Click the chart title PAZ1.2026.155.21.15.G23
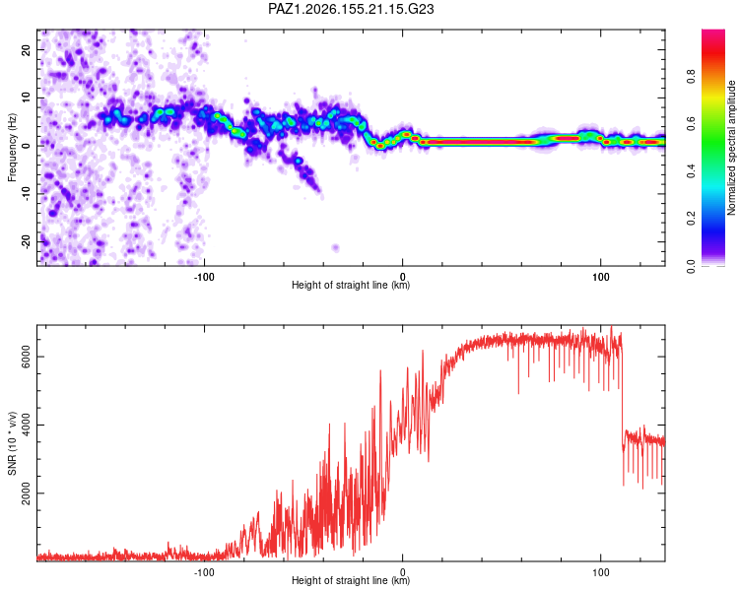[x=351, y=9]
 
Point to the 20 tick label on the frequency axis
[x=26, y=49]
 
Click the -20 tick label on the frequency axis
[x=26, y=241]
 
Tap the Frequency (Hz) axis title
[x=12, y=148]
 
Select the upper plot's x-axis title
[x=351, y=285]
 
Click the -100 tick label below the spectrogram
[x=204, y=277]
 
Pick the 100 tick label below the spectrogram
[x=600, y=277]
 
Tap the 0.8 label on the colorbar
[x=691, y=76]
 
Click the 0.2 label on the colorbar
[x=691, y=219]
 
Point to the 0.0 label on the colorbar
[x=691, y=266]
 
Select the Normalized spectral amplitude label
[x=731, y=148]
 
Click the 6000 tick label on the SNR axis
[x=26, y=357]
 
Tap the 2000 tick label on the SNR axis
[x=26, y=492]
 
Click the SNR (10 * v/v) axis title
[x=12, y=443]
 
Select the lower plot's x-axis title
[x=351, y=580]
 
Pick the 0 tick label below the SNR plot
[x=402, y=572]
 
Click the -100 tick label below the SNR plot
[x=204, y=572]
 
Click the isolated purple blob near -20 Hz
[x=336, y=247]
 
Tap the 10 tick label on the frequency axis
[x=26, y=98]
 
